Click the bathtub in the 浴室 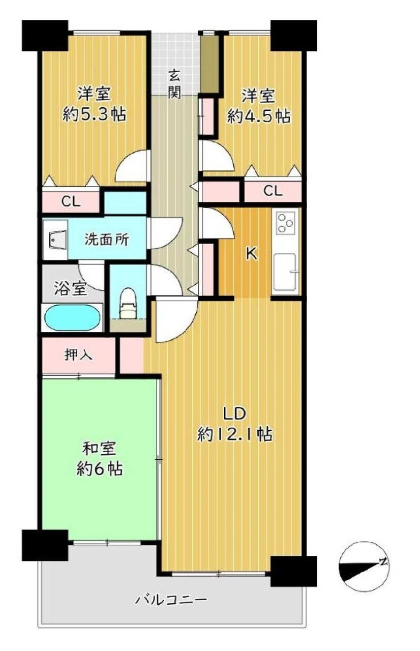(x=72, y=318)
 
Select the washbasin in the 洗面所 (x=55, y=240)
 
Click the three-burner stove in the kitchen (x=286, y=223)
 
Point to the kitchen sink (x=286, y=272)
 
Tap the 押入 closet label (x=78, y=355)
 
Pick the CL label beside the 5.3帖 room (x=71, y=201)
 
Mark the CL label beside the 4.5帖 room (x=273, y=191)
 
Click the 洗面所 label (x=107, y=240)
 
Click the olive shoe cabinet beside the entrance (x=209, y=64)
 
